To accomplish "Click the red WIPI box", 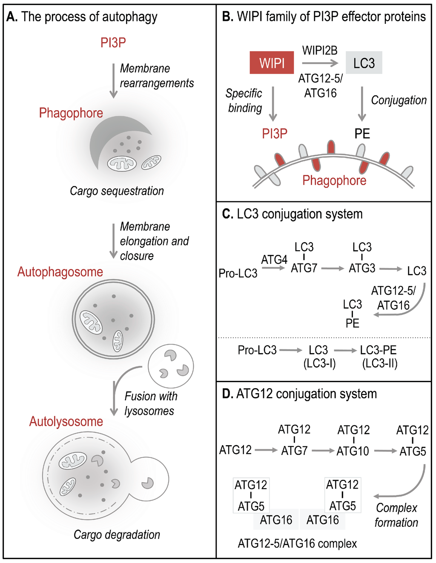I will click(x=272, y=63).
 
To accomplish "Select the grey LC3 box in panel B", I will click(x=364, y=63).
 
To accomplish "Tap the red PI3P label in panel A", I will click(x=113, y=43).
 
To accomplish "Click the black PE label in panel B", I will click(x=362, y=134).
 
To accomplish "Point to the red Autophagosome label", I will click(x=60, y=272).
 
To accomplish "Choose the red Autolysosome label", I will click(x=66, y=421).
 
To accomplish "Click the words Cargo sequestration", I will click(x=117, y=191).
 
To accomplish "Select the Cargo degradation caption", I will click(x=117, y=534).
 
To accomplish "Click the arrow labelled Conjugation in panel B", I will click(x=362, y=104).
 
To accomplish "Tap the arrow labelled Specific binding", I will click(x=273, y=104).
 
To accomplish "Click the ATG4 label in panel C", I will click(x=274, y=260).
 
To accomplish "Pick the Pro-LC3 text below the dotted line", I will click(x=257, y=350).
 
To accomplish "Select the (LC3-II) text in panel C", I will click(x=379, y=364).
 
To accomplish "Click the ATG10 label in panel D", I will click(x=353, y=451).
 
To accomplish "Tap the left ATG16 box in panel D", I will click(x=276, y=520).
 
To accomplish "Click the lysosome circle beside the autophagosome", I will click(x=171, y=366).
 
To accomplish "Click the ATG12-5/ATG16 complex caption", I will click(x=297, y=543).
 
